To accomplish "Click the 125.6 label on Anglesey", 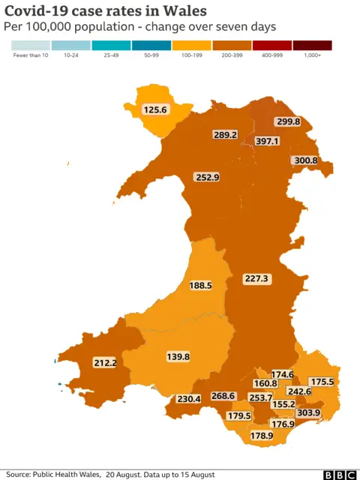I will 155,109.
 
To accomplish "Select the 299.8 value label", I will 288,121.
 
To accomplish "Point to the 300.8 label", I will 306,160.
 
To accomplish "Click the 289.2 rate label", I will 225,135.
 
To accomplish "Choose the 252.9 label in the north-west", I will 207,178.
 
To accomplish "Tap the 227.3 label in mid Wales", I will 256,278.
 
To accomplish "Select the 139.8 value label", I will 178,357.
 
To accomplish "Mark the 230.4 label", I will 187,399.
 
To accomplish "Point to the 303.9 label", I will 309,413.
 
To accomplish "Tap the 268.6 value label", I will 223,396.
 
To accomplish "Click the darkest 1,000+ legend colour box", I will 312,45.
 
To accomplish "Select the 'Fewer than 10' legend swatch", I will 31,45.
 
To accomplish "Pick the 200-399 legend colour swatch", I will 232,45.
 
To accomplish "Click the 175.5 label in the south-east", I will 322,382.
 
